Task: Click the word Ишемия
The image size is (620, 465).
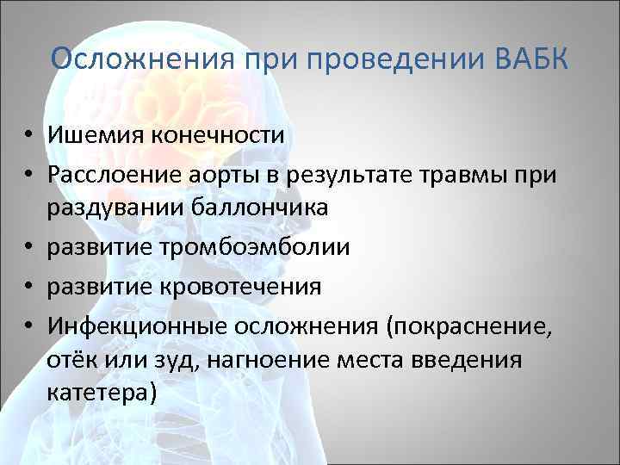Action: click(x=96, y=136)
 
